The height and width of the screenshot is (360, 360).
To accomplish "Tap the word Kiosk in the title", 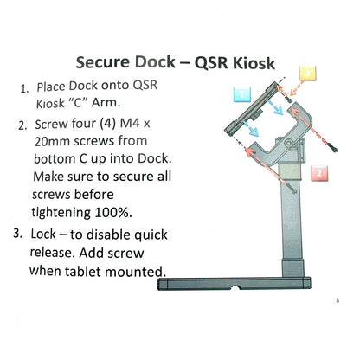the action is tap(254, 63).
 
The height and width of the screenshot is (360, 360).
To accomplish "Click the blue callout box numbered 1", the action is tap(242, 94).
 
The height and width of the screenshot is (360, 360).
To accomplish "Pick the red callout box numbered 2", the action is tap(319, 173).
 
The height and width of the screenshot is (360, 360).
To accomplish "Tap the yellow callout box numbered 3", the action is tap(308, 74).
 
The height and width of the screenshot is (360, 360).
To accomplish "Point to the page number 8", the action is tap(337, 300).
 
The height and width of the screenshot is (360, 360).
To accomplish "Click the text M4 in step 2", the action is tap(130, 124).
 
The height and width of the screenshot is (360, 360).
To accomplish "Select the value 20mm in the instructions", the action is tap(52, 141).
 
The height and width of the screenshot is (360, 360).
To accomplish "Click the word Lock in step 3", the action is tap(43, 234).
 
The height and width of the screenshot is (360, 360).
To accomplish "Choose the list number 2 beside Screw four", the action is tap(22, 125).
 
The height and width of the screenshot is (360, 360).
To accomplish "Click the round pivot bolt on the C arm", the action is tap(288, 143).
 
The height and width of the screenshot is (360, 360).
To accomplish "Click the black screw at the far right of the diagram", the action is tap(334, 149).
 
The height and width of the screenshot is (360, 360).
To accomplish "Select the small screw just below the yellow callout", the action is tap(289, 100).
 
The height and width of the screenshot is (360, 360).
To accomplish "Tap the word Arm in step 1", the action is tap(106, 103).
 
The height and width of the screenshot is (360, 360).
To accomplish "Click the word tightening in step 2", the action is tap(61, 213).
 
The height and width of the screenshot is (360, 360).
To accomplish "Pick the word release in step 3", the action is tap(53, 253).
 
